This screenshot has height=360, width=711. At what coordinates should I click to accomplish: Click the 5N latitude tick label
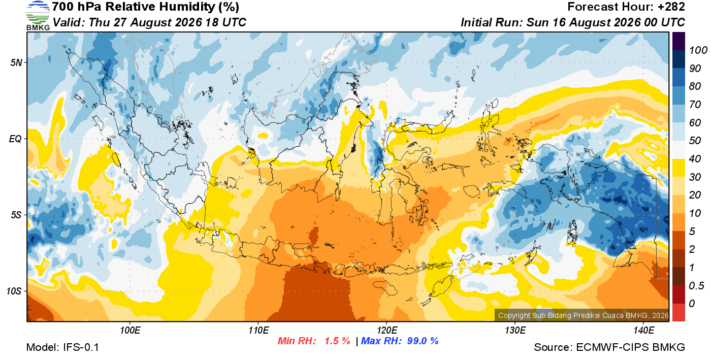tap(16, 62)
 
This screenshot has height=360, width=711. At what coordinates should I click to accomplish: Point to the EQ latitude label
tap(15, 139)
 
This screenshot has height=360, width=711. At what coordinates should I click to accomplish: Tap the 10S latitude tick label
tap(14, 291)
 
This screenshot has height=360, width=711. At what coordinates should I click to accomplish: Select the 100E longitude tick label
tap(130, 331)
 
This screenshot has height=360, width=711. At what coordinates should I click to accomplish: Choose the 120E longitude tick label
tap(387, 331)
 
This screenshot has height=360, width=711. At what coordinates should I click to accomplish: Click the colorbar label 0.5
tap(696, 286)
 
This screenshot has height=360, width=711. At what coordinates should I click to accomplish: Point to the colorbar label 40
tap(695, 159)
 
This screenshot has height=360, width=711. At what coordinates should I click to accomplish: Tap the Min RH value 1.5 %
tap(337, 341)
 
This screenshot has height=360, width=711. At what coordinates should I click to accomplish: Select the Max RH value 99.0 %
tap(423, 341)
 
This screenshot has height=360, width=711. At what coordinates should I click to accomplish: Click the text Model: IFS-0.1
tap(62, 347)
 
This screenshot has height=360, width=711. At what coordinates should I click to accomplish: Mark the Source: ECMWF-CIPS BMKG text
tap(609, 347)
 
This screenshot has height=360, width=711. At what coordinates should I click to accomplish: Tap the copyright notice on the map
tap(583, 315)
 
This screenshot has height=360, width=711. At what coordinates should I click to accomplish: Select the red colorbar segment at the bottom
tap(678, 312)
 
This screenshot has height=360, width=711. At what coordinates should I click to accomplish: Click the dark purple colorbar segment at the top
tap(678, 41)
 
